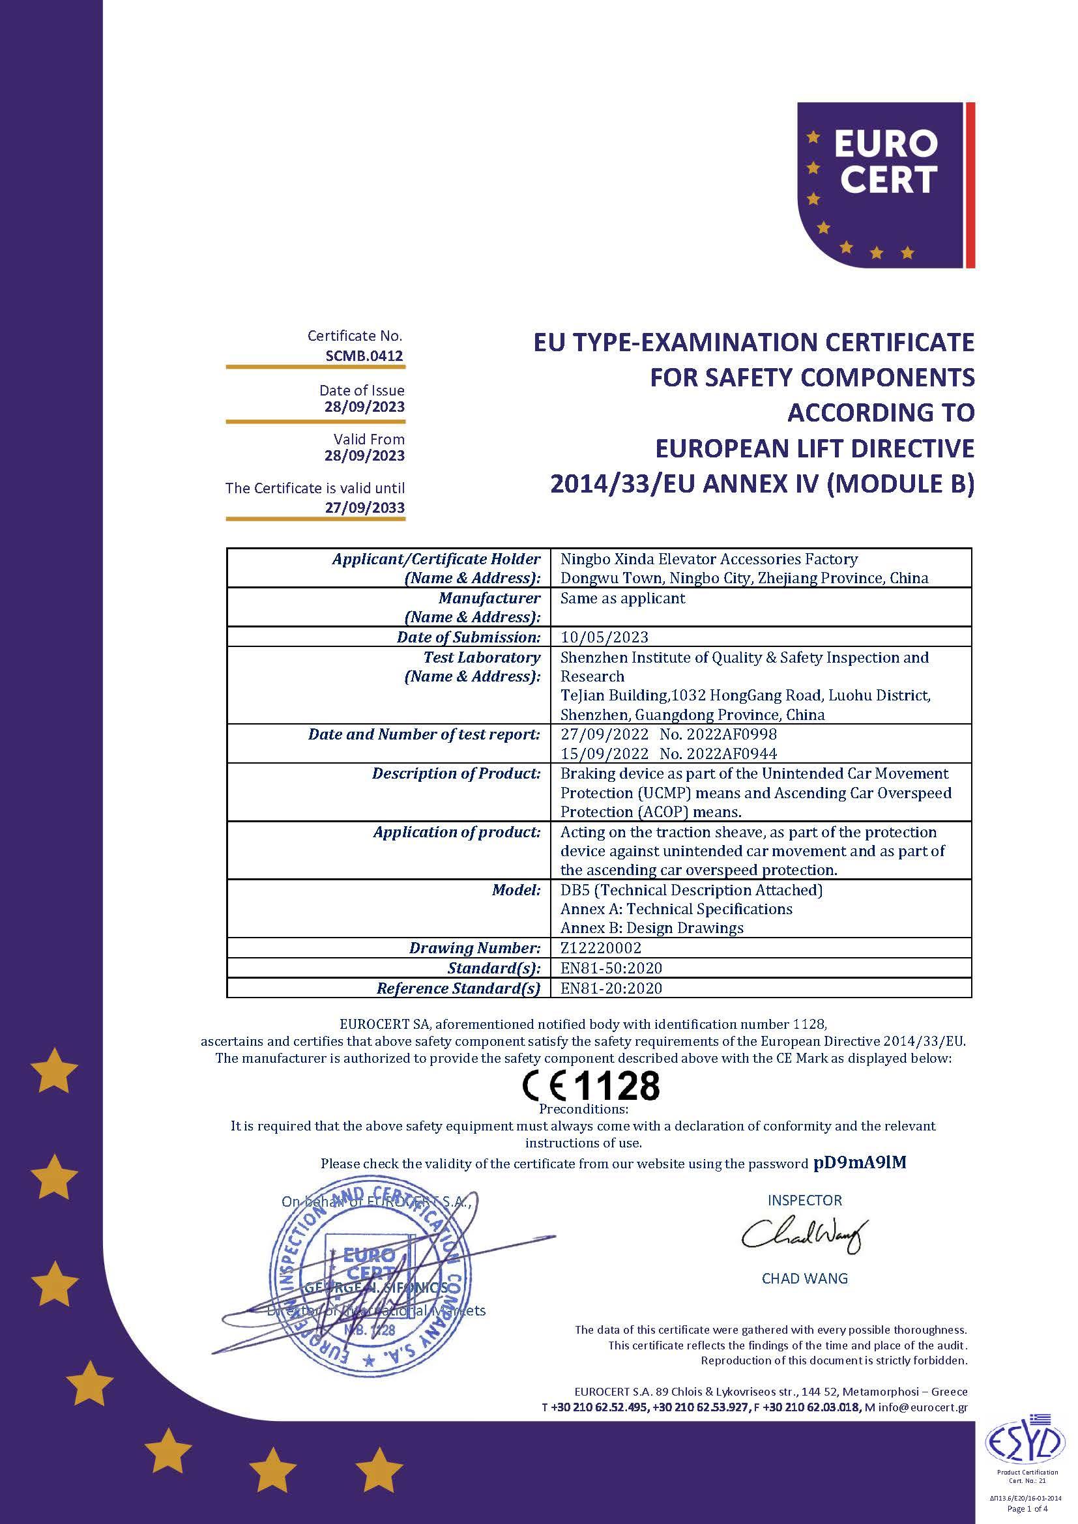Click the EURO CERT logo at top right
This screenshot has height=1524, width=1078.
(x=885, y=185)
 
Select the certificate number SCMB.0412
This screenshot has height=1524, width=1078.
(x=364, y=356)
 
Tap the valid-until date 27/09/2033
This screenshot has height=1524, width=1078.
(x=364, y=508)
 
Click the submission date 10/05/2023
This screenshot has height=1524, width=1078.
(x=604, y=637)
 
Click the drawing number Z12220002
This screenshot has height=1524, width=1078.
(x=601, y=948)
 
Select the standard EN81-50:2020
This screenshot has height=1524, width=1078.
(x=611, y=968)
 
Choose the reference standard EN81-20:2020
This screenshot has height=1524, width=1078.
(x=611, y=988)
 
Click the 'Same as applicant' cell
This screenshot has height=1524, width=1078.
(x=622, y=598)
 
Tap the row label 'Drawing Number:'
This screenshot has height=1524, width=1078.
(x=474, y=948)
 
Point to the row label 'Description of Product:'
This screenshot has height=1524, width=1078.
(x=456, y=773)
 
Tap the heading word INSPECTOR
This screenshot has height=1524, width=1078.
(x=804, y=1200)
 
